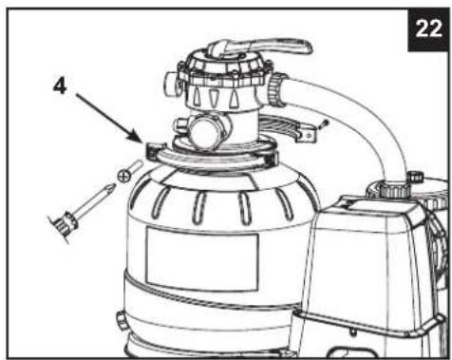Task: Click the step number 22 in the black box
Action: (428, 29)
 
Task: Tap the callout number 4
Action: (60, 85)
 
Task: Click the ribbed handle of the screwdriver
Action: (66, 223)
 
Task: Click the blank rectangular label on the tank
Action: (202, 258)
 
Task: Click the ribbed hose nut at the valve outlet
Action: (274, 90)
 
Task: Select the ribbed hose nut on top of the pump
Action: (394, 191)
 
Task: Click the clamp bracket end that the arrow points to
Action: (155, 150)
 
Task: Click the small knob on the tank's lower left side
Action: (121, 320)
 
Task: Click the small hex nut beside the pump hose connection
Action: (416, 177)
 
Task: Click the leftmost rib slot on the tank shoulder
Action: (160, 201)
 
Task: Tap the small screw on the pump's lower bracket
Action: (352, 332)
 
